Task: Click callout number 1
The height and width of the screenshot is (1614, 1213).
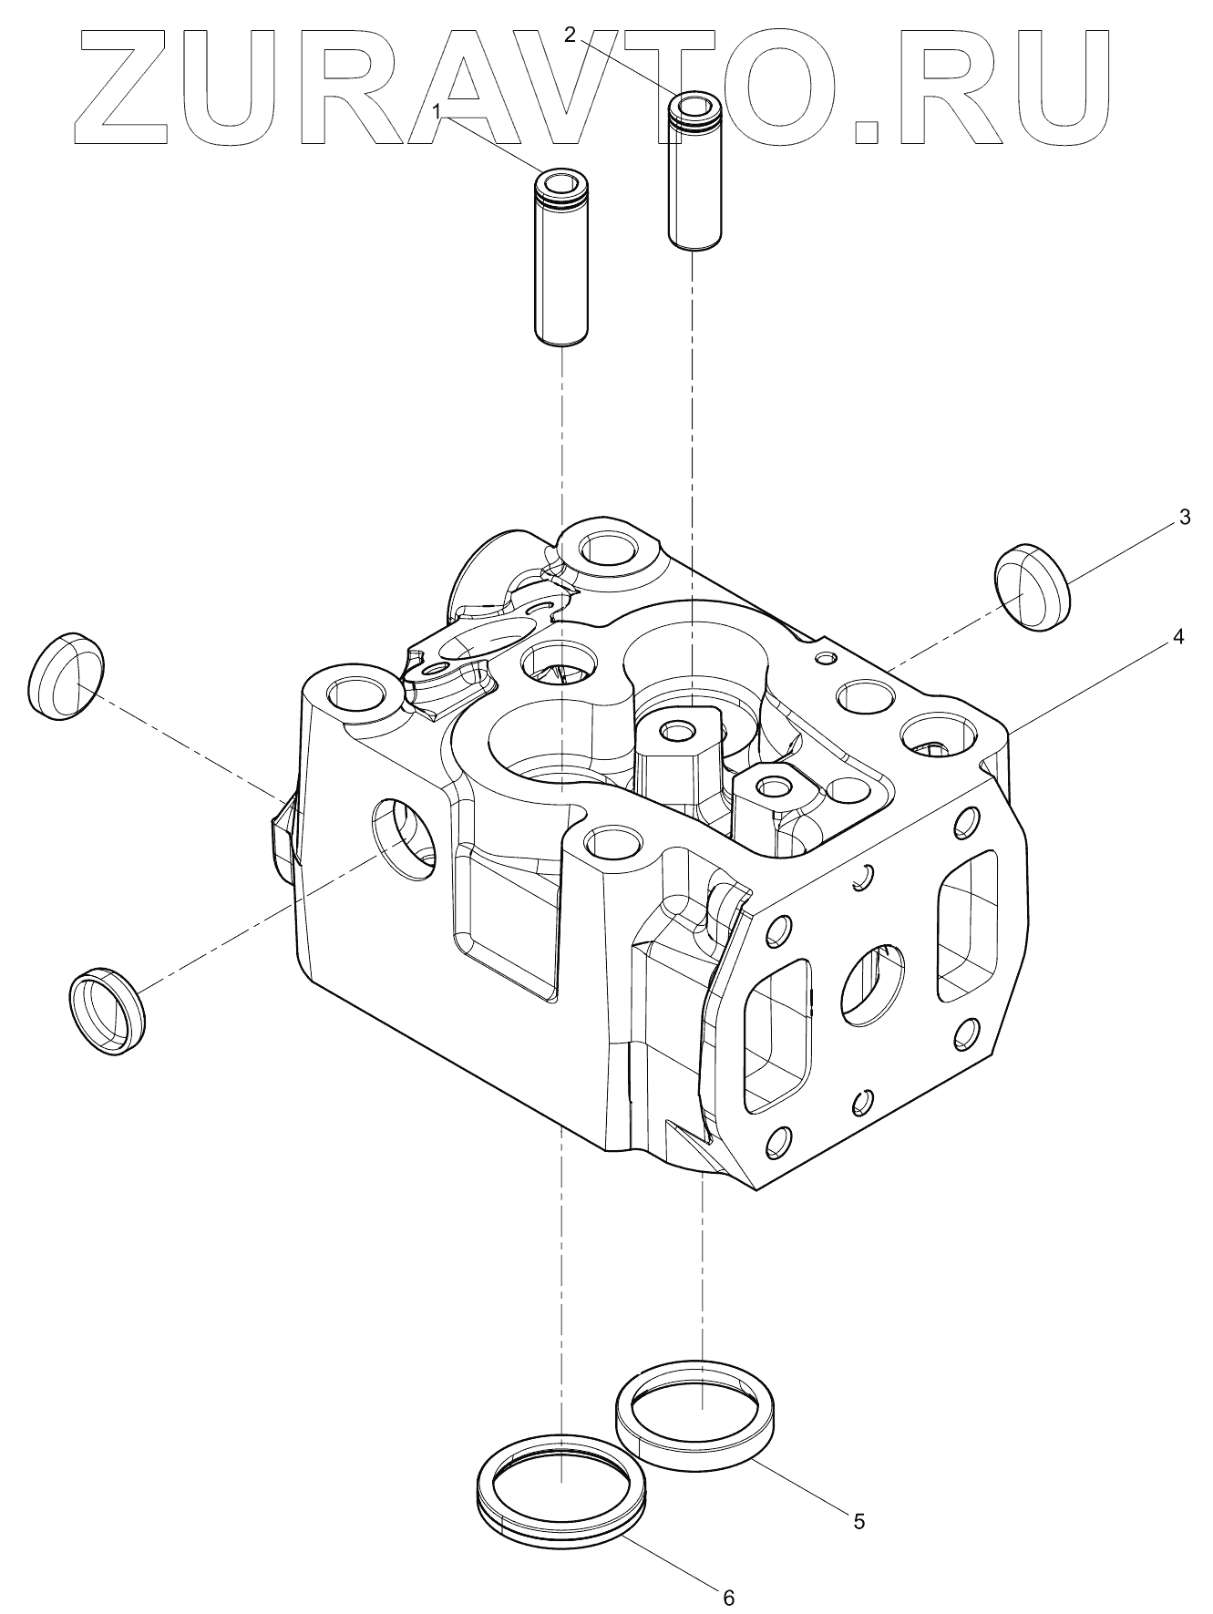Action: [x=437, y=111]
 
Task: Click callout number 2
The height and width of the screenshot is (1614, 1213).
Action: [x=570, y=36]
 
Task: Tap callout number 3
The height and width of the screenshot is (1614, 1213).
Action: [x=1184, y=518]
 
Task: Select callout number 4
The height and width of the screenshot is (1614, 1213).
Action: [x=1177, y=638]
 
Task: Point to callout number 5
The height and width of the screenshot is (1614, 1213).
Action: [x=858, y=1520]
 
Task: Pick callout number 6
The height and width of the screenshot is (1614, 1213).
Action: [x=727, y=1596]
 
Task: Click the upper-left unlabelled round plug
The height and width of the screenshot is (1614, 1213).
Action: [x=66, y=675]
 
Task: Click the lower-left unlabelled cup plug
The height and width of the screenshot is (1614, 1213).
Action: [x=107, y=1010]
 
